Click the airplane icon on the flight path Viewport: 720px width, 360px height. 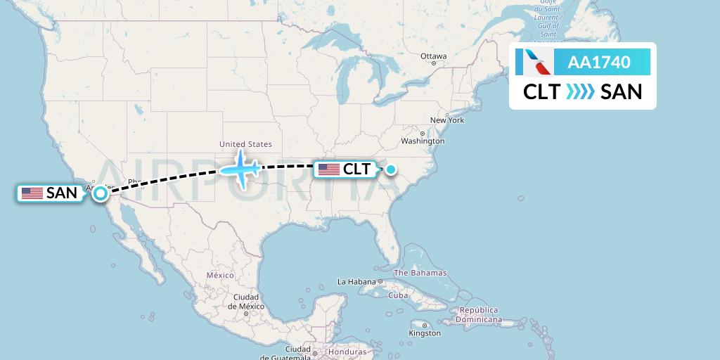pyautogui.click(x=241, y=169)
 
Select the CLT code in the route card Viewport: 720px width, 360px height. pyautogui.click(x=541, y=92)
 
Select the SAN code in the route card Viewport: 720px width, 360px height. pyautogui.click(x=622, y=92)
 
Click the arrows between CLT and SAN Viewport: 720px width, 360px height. pyautogui.click(x=581, y=92)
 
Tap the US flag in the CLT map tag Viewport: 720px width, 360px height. pyautogui.click(x=328, y=169)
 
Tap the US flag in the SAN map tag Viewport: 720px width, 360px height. pyautogui.click(x=32, y=193)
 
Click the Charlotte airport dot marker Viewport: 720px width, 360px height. pyautogui.click(x=390, y=169)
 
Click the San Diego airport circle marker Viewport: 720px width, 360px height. pyautogui.click(x=101, y=193)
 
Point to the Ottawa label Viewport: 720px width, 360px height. pyautogui.click(x=433, y=56)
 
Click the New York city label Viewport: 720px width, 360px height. pyautogui.click(x=447, y=120)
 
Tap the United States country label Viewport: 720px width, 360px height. pyautogui.click(x=245, y=144)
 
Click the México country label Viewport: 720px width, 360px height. pyautogui.click(x=219, y=275)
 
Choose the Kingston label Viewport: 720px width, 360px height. pyautogui.click(x=425, y=332)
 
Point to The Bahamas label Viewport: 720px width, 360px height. pyautogui.click(x=420, y=273)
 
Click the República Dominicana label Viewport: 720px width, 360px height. pyautogui.click(x=479, y=314)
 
